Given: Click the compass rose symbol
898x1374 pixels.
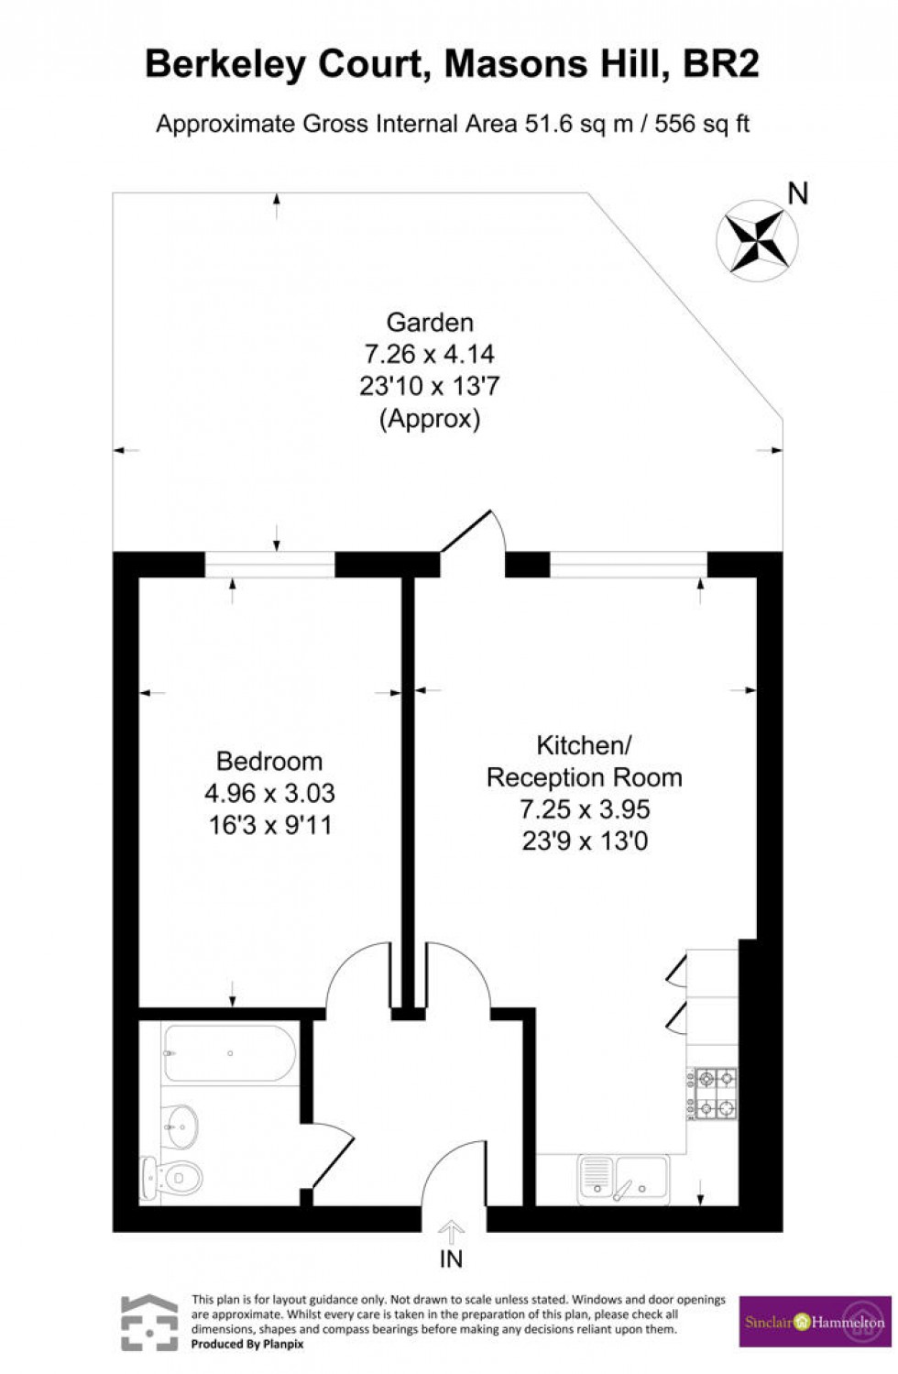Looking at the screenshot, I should (756, 240).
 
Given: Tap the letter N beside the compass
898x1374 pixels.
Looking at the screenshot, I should (798, 193).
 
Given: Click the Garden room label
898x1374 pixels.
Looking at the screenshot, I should (430, 323).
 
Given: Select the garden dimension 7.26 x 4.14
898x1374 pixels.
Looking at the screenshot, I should (430, 354).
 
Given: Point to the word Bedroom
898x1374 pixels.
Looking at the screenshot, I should (269, 761).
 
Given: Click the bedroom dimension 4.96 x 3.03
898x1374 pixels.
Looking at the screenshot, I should (269, 793).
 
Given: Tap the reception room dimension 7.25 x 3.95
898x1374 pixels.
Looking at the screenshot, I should (585, 809).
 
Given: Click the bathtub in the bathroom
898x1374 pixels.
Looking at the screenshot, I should (229, 1054).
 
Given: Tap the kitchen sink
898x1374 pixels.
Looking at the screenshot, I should (624, 1179).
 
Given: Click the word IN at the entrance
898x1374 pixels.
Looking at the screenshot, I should (451, 1259).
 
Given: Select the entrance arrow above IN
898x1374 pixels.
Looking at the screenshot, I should (451, 1230).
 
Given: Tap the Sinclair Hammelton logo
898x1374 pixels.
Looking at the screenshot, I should (815, 1322).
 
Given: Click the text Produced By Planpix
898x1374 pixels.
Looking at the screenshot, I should (246, 1344).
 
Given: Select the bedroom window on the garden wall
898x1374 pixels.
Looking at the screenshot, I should (269, 565).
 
